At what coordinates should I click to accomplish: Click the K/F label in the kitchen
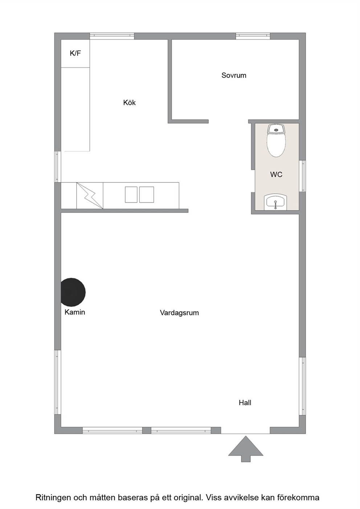pos(75,53)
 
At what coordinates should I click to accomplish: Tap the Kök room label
pos(129,103)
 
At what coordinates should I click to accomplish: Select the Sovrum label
pos(234,75)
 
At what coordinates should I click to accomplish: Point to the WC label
pos(276,175)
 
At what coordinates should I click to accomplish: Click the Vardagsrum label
pos(179,313)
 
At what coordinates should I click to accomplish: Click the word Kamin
pos(75,312)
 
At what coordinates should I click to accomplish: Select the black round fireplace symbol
pos(73,292)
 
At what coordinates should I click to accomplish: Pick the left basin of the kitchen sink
pos(131,194)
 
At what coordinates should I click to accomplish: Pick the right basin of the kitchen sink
pos(147,194)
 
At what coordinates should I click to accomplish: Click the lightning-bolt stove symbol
pos(90,196)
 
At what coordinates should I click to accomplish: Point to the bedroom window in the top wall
pos(253,36)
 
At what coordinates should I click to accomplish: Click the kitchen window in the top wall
pos(112,36)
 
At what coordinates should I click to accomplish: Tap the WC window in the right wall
pos(302,176)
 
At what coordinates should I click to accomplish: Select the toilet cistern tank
pos(276,129)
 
